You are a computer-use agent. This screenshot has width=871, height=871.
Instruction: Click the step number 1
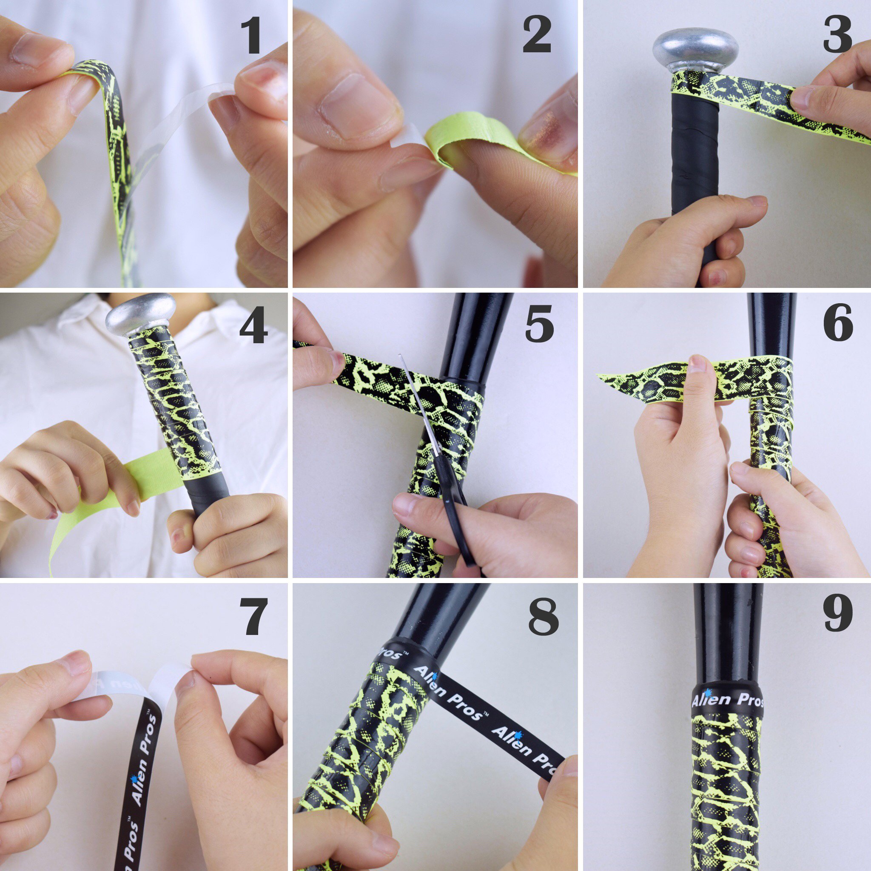pyautogui.click(x=251, y=36)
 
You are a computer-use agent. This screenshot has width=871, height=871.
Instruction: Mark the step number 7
pyautogui.click(x=255, y=617)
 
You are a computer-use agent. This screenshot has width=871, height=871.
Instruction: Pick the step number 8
pyautogui.click(x=543, y=616)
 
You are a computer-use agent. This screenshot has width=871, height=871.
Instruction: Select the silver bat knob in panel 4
pyautogui.click(x=141, y=314)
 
